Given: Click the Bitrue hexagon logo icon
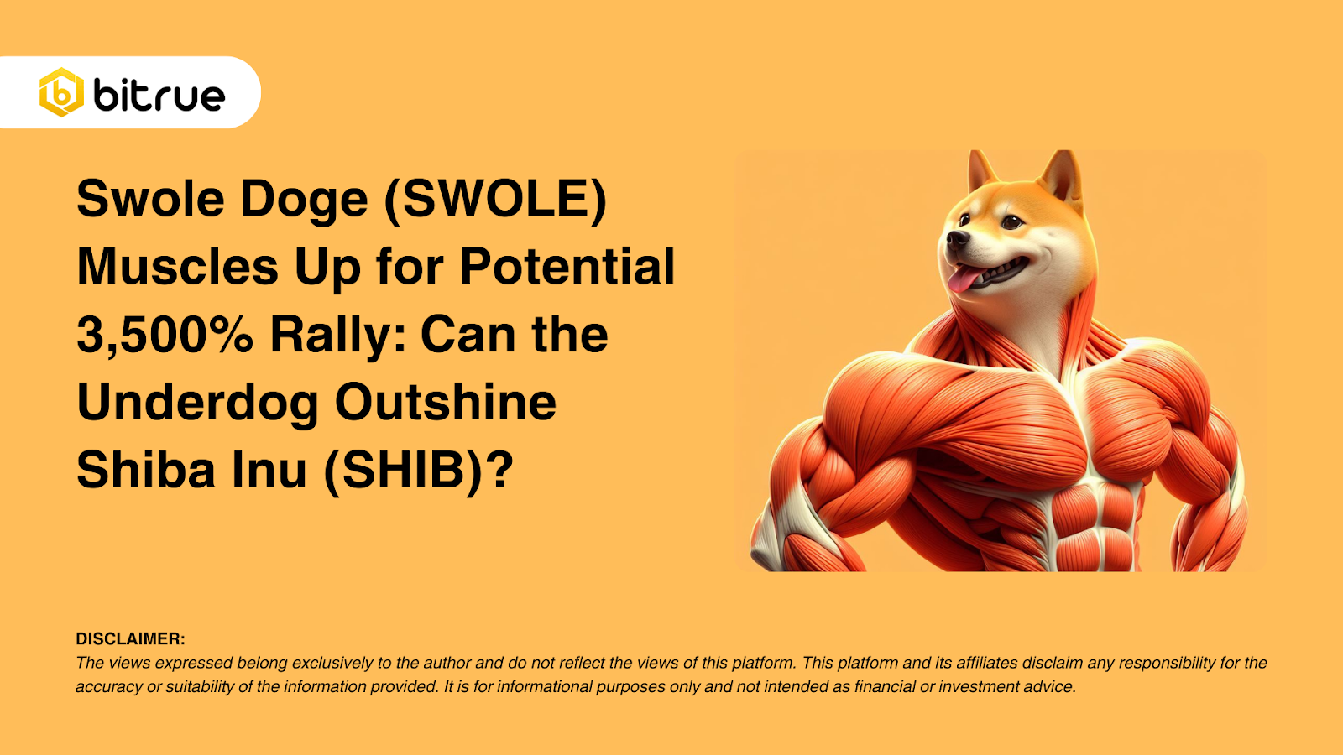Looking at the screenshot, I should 61,92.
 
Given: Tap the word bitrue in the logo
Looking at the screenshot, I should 159,96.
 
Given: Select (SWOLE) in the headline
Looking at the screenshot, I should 495,200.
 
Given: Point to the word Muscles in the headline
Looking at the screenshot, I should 177,267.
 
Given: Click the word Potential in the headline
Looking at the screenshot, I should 567,267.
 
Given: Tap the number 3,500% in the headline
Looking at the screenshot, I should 165,335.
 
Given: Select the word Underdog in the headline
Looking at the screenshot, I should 197,403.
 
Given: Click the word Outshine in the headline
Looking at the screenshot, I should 446,403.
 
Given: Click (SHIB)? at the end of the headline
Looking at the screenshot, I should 418,470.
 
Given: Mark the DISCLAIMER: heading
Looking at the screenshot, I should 130,639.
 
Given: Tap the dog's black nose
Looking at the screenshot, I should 957,240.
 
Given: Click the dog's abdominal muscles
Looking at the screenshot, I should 1091,520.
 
